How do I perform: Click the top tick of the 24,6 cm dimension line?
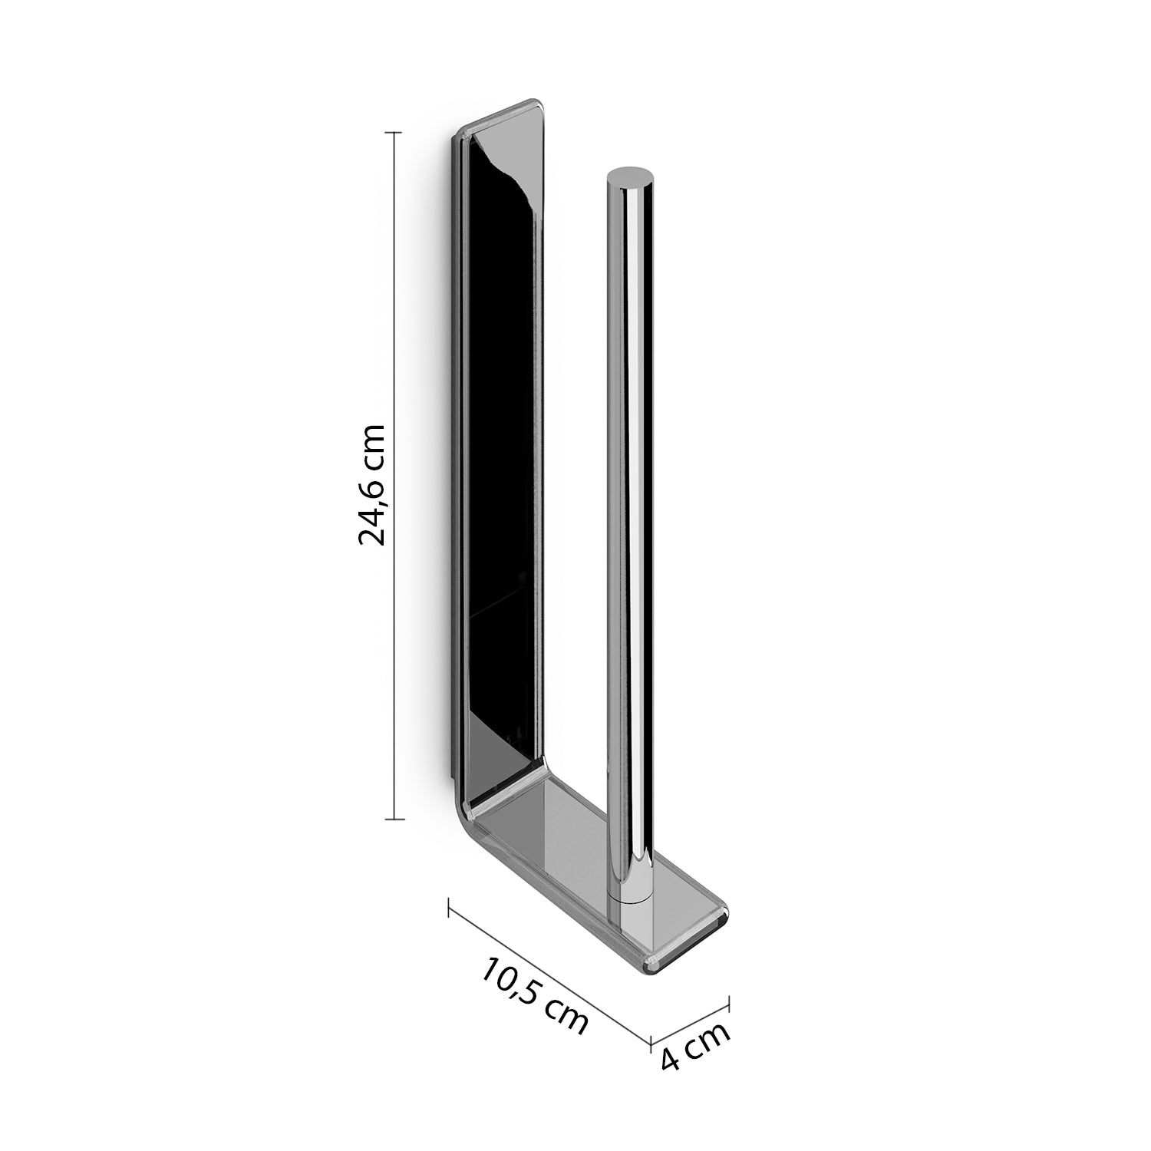click(394, 133)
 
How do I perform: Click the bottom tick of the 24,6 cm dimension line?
click(394, 820)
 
